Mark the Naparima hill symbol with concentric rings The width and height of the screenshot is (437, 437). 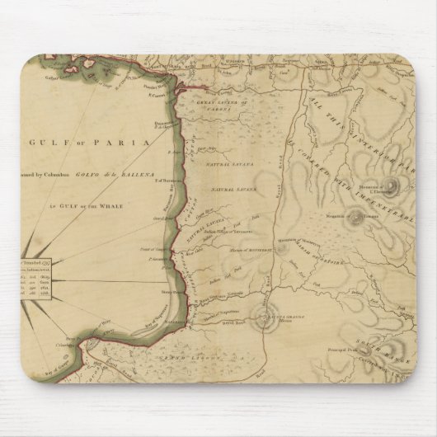[x=267, y=322]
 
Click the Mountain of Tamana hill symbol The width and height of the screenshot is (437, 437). [x=356, y=218]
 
